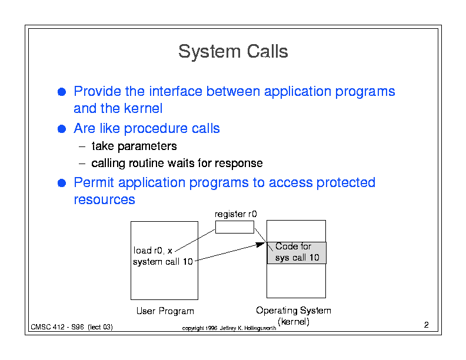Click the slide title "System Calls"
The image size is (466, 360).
(x=233, y=51)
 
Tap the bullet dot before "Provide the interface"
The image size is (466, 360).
(x=62, y=92)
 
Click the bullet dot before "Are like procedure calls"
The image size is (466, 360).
(x=62, y=129)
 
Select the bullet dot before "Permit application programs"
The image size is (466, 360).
(x=62, y=183)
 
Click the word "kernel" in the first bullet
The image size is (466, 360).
(x=143, y=108)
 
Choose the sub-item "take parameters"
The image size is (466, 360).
(x=134, y=146)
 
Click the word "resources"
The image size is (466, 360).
(x=104, y=199)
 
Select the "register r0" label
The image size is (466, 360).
(x=236, y=214)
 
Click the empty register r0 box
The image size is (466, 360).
(x=235, y=227)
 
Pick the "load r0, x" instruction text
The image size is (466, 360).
(x=153, y=251)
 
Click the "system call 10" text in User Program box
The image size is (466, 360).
(x=163, y=262)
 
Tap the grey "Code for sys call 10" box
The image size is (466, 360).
(x=297, y=253)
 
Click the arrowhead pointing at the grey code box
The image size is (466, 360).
(x=261, y=245)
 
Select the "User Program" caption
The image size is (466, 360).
(x=165, y=311)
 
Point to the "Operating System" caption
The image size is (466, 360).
(x=294, y=311)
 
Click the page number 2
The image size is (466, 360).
(x=426, y=325)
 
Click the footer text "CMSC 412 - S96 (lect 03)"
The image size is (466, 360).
(x=72, y=327)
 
